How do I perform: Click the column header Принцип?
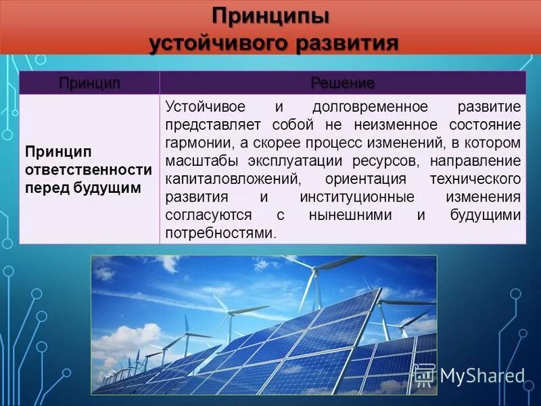coord(89,83)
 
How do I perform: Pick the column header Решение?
coord(342,83)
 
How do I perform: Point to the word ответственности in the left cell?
coord(88,168)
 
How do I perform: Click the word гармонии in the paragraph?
coord(193,144)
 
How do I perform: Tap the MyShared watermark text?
coord(482,376)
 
